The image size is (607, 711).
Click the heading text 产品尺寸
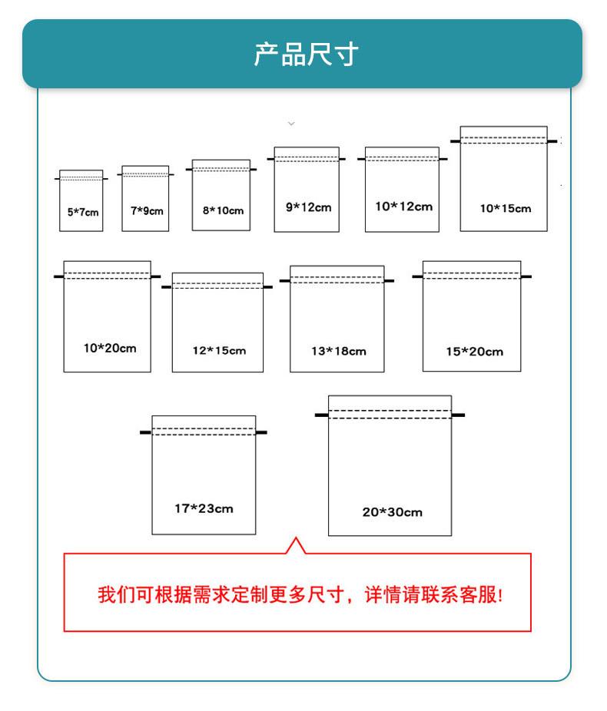pyautogui.click(x=306, y=55)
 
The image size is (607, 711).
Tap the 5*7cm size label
pyautogui.click(x=83, y=212)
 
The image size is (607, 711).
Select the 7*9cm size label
pyautogui.click(x=146, y=211)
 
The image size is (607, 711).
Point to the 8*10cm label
pyautogui.click(x=222, y=210)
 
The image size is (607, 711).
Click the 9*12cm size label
pyautogui.click(x=307, y=207)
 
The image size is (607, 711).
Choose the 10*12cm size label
pyautogui.click(x=403, y=207)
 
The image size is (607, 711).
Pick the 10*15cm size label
pyautogui.click(x=505, y=208)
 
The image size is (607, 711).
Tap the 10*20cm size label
pyautogui.click(x=109, y=348)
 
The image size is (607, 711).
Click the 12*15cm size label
pyautogui.click(x=219, y=351)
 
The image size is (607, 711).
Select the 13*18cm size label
pyautogui.click(x=338, y=351)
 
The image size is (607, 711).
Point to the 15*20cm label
pyautogui.click(x=474, y=352)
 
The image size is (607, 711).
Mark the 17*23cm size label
pyautogui.click(x=204, y=508)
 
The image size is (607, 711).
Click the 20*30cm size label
pyautogui.click(x=392, y=512)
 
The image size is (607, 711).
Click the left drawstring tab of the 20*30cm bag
pyautogui.click(x=321, y=415)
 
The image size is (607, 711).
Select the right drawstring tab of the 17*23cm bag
pyautogui.click(x=261, y=432)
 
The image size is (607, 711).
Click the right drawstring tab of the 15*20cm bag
pyautogui.click(x=526, y=276)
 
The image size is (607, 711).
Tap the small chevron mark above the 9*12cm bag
pyautogui.click(x=290, y=123)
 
